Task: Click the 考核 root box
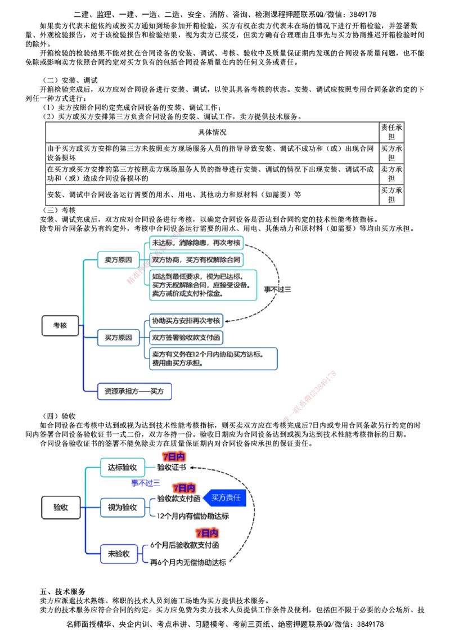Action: (61, 326)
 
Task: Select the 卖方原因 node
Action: (118, 260)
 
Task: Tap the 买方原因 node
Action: (118, 338)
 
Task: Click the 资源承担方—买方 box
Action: (135, 392)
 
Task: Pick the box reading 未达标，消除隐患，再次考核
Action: (196, 243)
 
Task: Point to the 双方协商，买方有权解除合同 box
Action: (196, 261)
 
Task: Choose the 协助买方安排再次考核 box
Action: (186, 321)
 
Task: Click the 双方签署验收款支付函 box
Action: (186, 338)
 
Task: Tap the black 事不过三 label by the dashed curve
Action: (278, 289)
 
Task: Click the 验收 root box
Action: (61, 508)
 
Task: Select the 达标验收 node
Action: (122, 468)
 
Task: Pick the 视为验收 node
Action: (122, 508)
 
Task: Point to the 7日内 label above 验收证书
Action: (174, 457)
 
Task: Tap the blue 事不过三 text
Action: (146, 483)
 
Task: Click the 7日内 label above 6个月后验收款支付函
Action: (207, 533)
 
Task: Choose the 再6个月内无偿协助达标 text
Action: (189, 563)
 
